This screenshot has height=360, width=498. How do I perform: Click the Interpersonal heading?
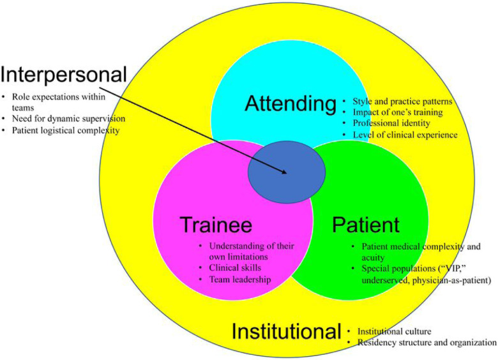coord(64,75)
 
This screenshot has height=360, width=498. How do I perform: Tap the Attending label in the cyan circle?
coord(290,103)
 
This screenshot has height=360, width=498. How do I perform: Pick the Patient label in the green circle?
coord(366,225)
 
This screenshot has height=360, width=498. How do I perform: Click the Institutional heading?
coord(286,332)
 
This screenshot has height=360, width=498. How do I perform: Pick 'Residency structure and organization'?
coord(426,343)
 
